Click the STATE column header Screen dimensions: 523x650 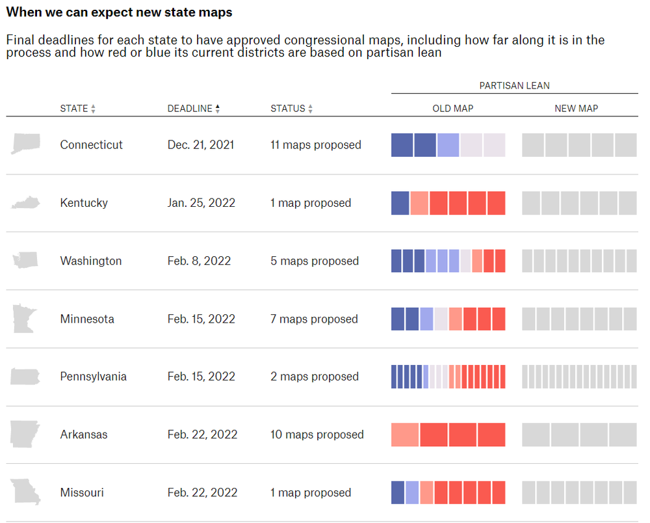[74, 109]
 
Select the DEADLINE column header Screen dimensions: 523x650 [190, 109]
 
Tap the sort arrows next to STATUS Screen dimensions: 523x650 [311, 109]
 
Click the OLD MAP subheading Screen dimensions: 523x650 [453, 109]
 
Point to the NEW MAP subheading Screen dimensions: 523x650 [576, 109]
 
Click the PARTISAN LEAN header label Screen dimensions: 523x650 [514, 86]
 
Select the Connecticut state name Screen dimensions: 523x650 [91, 145]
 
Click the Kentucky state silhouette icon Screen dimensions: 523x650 [25, 203]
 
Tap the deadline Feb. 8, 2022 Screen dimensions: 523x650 [199, 261]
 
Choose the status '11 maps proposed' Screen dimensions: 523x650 [316, 145]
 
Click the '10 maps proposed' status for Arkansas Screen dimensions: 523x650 [317, 435]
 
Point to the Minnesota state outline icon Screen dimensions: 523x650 [25, 319]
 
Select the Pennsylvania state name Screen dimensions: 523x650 [93, 377]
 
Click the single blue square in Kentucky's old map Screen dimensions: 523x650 [400, 203]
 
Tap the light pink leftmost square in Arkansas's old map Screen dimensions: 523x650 [404, 435]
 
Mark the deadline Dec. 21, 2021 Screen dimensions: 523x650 [201, 145]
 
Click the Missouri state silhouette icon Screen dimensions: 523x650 [25, 492]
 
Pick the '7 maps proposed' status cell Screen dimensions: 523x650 [314, 319]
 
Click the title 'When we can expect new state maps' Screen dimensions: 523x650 [119, 12]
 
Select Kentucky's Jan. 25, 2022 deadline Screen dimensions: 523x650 [201, 203]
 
